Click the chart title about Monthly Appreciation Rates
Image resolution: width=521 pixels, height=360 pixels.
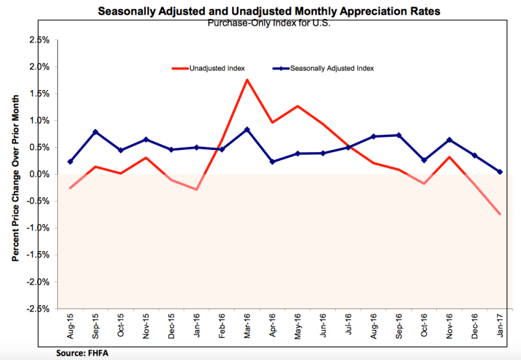269,11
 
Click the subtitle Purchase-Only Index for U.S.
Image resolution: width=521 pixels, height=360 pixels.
269,23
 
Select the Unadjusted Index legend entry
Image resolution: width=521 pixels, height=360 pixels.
208,68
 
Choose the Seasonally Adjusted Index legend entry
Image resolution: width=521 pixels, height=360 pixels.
323,68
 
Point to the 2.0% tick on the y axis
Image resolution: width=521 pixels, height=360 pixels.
39,67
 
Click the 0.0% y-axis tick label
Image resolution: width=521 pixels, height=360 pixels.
39,175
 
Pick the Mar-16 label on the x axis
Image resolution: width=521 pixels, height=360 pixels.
247,326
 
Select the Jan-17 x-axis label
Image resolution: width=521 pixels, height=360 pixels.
500,325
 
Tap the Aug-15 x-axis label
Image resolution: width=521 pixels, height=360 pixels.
70,326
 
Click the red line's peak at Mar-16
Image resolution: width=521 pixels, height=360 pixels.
247,80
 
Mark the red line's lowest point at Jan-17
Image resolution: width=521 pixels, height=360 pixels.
499,214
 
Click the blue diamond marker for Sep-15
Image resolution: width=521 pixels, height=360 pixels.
95,132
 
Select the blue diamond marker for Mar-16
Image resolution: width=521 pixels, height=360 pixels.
247,130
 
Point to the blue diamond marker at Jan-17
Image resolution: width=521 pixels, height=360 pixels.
499,172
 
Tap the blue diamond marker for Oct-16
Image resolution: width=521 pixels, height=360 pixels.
424,160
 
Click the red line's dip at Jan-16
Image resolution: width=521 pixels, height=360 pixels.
196,190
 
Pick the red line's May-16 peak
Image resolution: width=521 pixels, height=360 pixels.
297,106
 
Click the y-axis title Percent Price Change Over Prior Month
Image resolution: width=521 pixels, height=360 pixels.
15,178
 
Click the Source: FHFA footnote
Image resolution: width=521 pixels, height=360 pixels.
82,353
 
